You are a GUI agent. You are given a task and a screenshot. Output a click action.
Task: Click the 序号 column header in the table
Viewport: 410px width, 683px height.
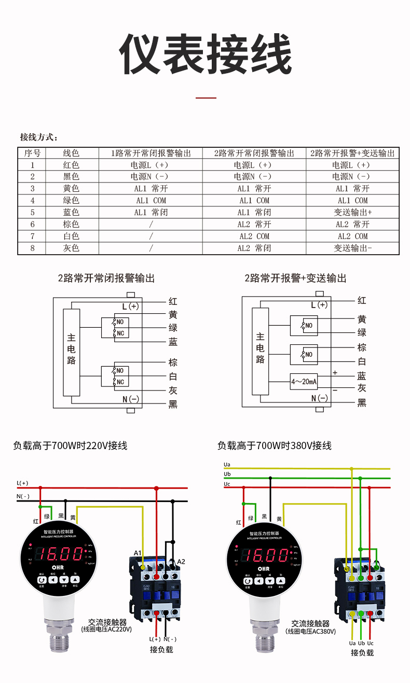tap(32, 153)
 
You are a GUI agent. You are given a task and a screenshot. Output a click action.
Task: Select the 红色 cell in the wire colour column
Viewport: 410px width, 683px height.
tap(71, 165)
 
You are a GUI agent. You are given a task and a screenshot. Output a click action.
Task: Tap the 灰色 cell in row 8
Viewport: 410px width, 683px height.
tap(71, 248)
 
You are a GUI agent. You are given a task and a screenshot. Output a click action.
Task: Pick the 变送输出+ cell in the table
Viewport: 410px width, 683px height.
tap(352, 213)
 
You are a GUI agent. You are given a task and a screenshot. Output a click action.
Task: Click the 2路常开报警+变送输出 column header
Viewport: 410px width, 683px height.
tap(352, 153)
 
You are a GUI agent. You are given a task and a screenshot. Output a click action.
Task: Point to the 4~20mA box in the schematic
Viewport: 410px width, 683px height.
tap(304, 382)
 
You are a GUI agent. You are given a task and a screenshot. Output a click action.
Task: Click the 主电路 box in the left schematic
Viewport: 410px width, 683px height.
tap(71, 352)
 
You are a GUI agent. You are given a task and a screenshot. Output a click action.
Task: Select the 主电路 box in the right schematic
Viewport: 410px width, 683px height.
tap(260, 351)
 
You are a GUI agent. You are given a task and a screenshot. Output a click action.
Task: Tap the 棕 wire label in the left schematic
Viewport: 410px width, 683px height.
tap(173, 363)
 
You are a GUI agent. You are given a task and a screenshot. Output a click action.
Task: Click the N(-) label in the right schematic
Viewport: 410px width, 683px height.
tap(319, 398)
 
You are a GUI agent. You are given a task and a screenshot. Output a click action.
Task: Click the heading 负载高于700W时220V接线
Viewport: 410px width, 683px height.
tap(70, 445)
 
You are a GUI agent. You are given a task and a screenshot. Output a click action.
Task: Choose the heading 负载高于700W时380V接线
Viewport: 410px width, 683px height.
tap(274, 445)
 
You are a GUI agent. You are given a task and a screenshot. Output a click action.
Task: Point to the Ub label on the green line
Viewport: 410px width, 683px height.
tap(227, 474)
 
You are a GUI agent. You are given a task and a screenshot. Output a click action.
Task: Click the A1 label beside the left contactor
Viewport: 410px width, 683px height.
tap(138, 553)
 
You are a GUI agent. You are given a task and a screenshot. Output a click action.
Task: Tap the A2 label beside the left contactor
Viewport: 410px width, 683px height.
tap(181, 562)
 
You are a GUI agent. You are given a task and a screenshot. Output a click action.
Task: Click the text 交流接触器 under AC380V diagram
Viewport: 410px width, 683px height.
tap(310, 624)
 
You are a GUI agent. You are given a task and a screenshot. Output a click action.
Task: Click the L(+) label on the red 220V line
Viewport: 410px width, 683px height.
tap(23, 483)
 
